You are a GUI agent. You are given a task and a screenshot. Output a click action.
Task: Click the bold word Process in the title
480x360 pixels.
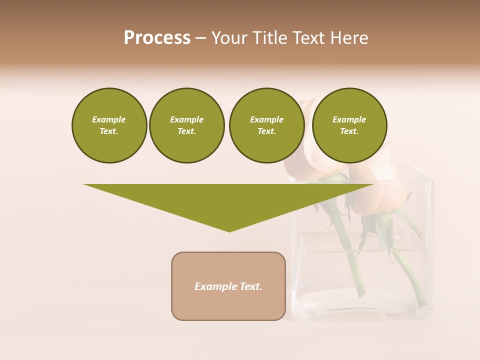[x=157, y=38]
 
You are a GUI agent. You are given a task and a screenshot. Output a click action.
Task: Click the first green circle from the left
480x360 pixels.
[x=109, y=125]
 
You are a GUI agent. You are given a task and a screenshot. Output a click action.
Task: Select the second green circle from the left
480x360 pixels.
[x=186, y=125]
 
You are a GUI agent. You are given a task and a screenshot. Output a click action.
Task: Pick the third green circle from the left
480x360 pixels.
[x=266, y=125]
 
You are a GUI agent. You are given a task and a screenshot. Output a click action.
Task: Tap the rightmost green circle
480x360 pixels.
[x=349, y=125]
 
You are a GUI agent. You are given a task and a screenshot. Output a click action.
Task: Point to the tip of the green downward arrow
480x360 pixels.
[x=229, y=231]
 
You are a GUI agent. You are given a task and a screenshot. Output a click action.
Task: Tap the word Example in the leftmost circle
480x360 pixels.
[x=109, y=119]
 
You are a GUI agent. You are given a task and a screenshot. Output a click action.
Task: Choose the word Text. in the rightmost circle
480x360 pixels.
[x=349, y=131]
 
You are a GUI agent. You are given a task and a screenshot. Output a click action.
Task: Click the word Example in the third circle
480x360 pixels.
[x=266, y=119]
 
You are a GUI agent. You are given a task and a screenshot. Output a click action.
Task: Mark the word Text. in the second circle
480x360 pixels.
[x=186, y=131]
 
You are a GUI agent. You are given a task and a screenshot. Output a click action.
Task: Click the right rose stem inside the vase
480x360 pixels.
[x=413, y=280]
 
